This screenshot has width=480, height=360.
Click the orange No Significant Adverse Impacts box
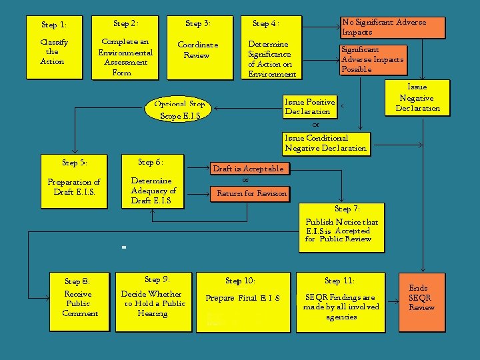392,27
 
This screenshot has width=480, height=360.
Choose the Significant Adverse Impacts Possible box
373,59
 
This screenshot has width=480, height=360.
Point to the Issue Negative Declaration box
417,98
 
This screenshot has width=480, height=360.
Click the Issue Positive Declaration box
309,107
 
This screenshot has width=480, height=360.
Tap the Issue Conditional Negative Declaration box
325,143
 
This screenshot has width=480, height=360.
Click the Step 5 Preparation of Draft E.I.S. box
74,181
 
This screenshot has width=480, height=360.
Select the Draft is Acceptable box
248,169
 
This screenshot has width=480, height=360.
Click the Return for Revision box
251,194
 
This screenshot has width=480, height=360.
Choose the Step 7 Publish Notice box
341,227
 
